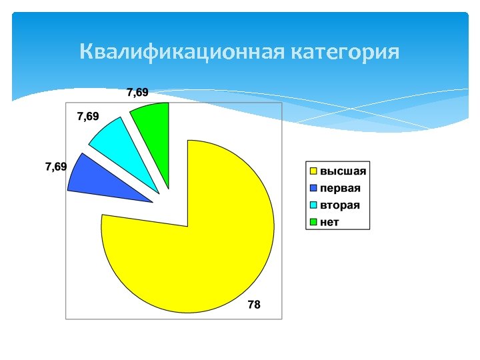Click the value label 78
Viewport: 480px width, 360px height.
point(254,305)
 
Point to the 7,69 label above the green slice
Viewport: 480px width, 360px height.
point(138,92)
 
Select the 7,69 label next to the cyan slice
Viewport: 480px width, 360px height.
point(88,117)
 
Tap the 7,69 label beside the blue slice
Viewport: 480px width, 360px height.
point(55,166)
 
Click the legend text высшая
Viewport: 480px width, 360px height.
point(343,171)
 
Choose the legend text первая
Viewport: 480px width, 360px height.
point(340,188)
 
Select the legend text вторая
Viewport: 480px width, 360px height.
point(340,205)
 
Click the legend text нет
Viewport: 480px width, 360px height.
point(329,222)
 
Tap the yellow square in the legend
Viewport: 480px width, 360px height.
point(313,171)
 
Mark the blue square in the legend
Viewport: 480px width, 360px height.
point(313,188)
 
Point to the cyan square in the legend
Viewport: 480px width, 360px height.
point(313,205)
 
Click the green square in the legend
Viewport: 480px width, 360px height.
point(313,222)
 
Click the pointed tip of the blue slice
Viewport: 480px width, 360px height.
point(151,201)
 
